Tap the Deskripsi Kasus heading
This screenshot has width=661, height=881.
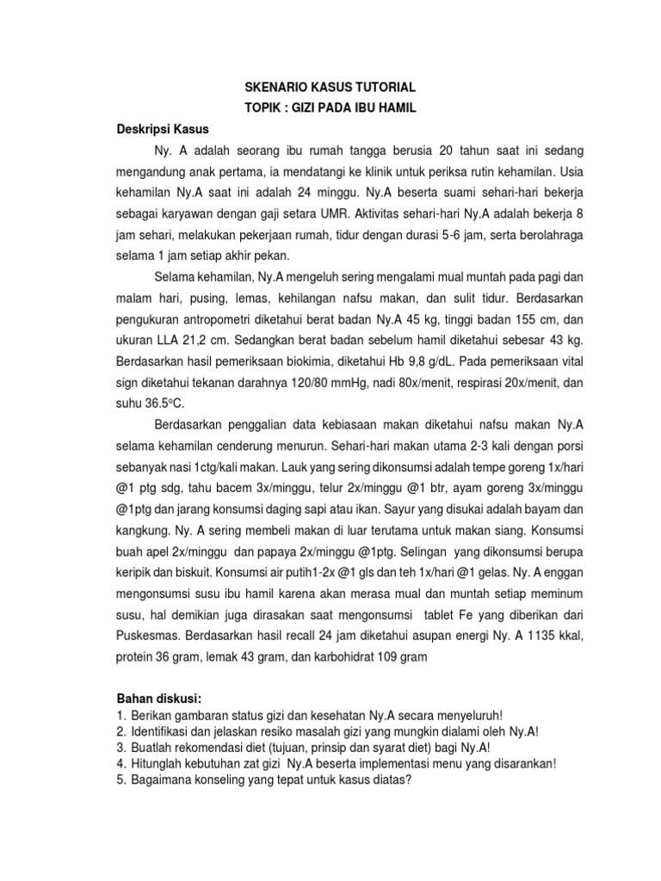[163, 130]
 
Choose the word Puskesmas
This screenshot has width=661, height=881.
[149, 636]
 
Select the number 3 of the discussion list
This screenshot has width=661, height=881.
[121, 747]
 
